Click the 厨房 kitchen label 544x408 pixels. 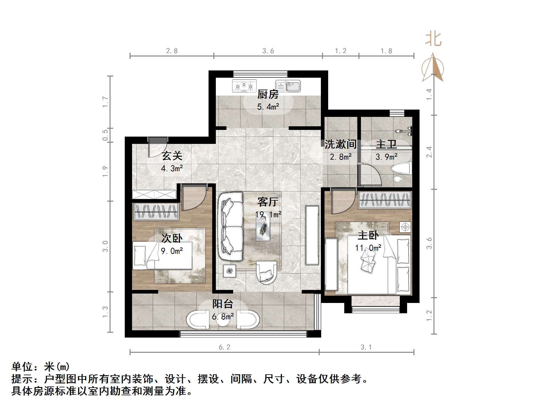(268, 94)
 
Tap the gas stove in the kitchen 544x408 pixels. (244, 86)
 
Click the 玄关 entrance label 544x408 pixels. (172, 156)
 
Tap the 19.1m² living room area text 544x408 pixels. (268, 214)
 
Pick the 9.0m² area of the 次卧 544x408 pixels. (172, 251)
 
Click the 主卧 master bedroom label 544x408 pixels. (368, 235)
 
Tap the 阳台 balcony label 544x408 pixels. (223, 304)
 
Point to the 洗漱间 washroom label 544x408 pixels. (341, 144)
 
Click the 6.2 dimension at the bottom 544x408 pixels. (225, 347)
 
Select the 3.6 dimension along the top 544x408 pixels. (268, 51)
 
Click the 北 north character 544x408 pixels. (433, 39)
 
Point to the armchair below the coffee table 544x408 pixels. (267, 272)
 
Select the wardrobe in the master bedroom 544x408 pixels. (385, 200)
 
